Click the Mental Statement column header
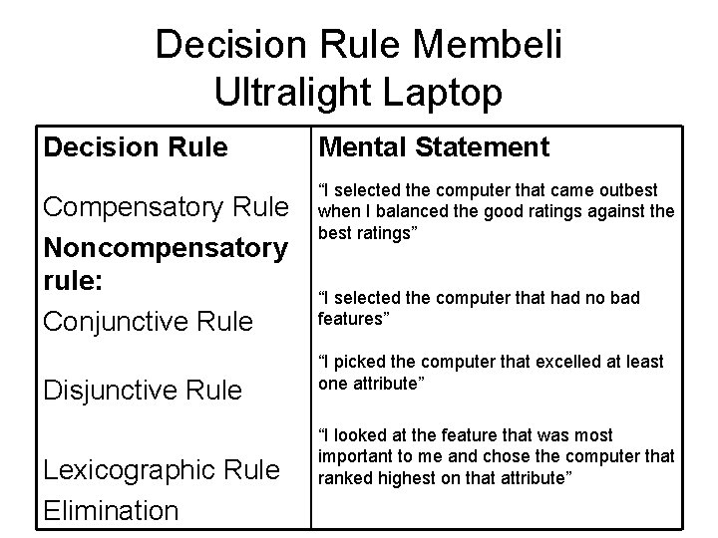(x=433, y=147)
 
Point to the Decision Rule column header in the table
(x=135, y=147)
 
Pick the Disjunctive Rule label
(x=142, y=390)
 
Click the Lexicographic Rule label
(x=161, y=470)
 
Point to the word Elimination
(x=110, y=510)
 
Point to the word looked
(x=357, y=435)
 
